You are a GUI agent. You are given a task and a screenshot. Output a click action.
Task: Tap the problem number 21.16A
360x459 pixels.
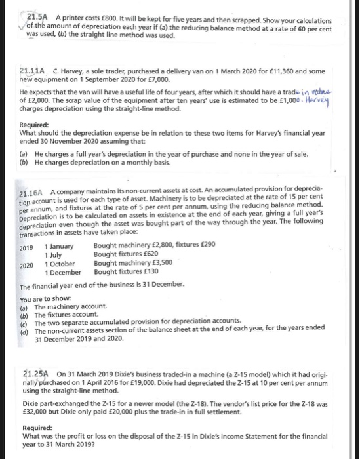[x=30, y=188]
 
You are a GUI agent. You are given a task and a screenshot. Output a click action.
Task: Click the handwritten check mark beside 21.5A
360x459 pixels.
[x=21, y=25]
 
